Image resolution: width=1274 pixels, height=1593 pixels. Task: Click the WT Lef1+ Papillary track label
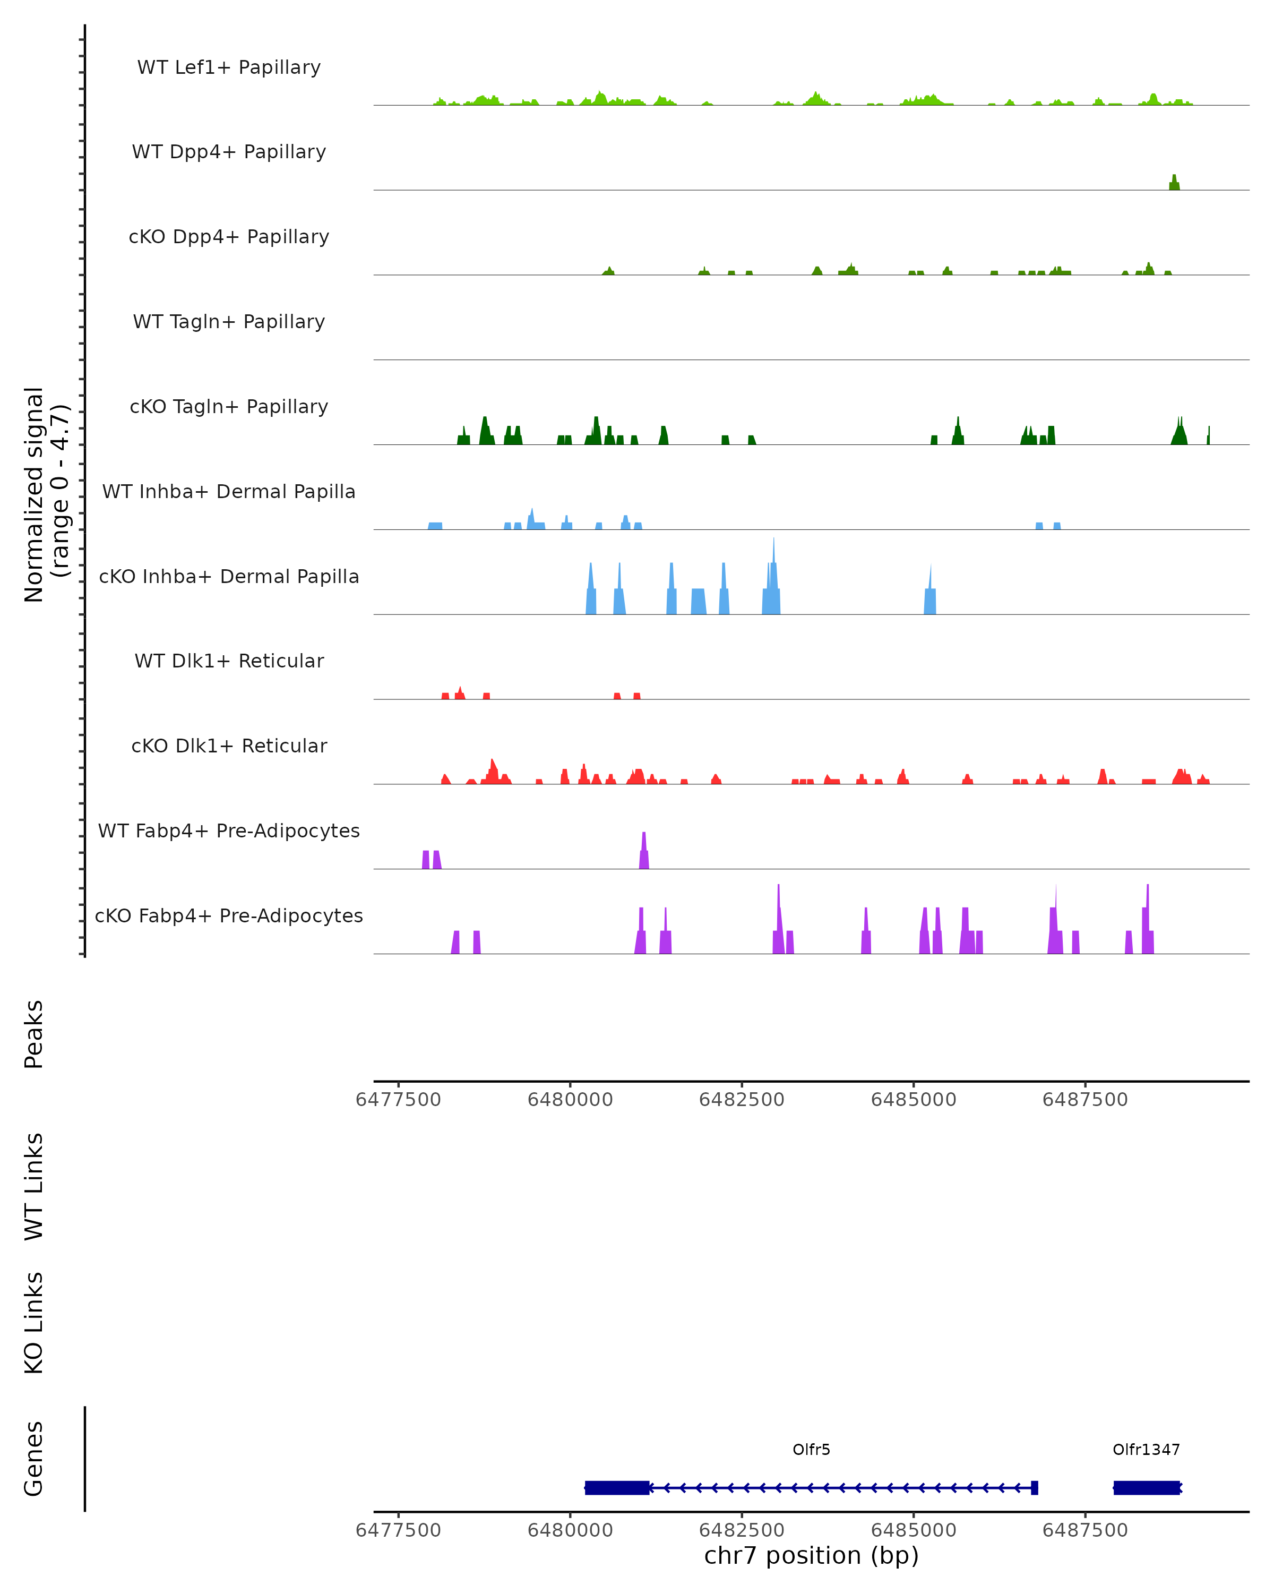coord(229,67)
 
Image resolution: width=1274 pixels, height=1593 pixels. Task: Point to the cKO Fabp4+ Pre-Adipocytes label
coord(229,915)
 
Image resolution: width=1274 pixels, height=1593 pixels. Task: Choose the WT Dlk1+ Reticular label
coord(229,661)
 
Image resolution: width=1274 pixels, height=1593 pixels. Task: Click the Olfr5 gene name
coord(811,1450)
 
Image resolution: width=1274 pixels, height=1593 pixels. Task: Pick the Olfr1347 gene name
coord(1146,1450)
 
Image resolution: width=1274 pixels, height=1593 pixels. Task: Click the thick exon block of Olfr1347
coord(1146,1487)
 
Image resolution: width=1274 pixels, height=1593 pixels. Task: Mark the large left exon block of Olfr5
coord(617,1487)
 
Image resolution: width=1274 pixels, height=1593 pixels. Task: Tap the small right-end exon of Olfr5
coord(1034,1487)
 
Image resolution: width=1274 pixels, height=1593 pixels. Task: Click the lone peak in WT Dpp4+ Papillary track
coord(1174,183)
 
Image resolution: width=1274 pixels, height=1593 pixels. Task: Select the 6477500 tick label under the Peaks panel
coord(398,1100)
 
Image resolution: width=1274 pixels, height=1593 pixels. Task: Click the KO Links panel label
coord(34,1323)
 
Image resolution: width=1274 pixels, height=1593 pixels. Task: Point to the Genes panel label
coord(34,1458)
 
